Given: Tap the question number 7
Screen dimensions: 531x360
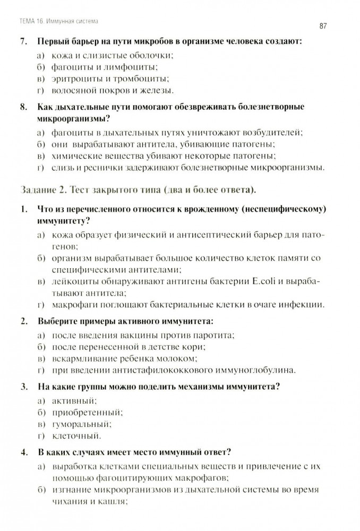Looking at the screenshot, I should point(22,41).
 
